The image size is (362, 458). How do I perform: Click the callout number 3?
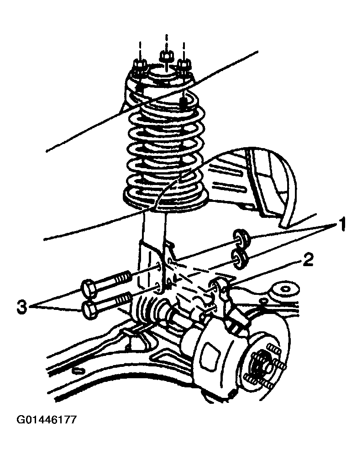pyautogui.click(x=22, y=307)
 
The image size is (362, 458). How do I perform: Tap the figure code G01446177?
pyautogui.click(x=47, y=420)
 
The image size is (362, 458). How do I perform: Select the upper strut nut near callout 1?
pyautogui.click(x=241, y=237)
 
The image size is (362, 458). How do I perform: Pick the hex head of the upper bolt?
pyautogui.click(x=88, y=288)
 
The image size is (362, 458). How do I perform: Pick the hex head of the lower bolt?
pyautogui.click(x=90, y=311)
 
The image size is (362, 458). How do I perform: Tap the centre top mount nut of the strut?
pyautogui.click(x=167, y=56)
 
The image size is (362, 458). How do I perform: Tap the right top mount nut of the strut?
pyautogui.click(x=184, y=64)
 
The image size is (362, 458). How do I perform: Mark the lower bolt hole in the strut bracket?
pyautogui.click(x=157, y=287)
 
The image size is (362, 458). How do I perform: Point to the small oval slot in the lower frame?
pyautogui.click(x=79, y=371)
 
